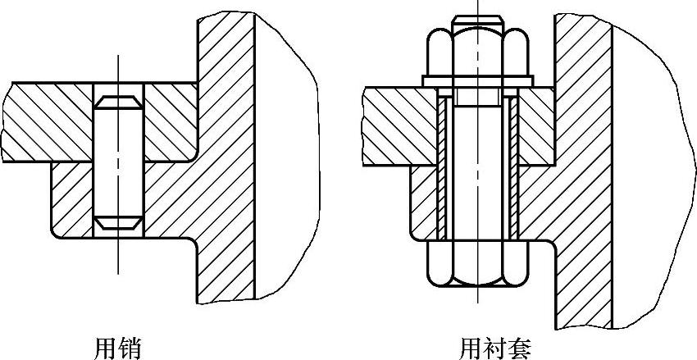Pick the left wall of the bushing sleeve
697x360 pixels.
click(442, 164)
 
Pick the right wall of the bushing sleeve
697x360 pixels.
click(513, 164)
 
